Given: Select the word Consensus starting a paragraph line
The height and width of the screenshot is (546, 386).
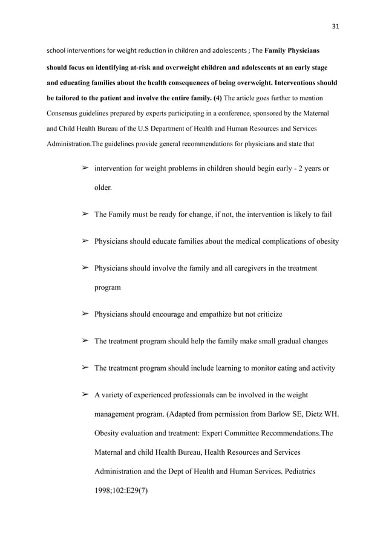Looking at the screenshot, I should click(x=63, y=113).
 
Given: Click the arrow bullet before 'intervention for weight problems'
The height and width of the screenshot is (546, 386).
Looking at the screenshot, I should click(x=85, y=167).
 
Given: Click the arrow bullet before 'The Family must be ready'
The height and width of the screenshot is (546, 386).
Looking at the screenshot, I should click(x=85, y=215).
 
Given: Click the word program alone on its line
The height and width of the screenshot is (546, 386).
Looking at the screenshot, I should click(x=108, y=288).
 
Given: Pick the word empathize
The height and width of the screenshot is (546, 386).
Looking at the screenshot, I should click(x=212, y=314).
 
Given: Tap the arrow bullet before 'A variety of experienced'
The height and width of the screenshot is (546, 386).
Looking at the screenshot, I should click(x=85, y=395).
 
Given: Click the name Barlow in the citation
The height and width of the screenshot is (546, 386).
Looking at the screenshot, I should click(x=269, y=415).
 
